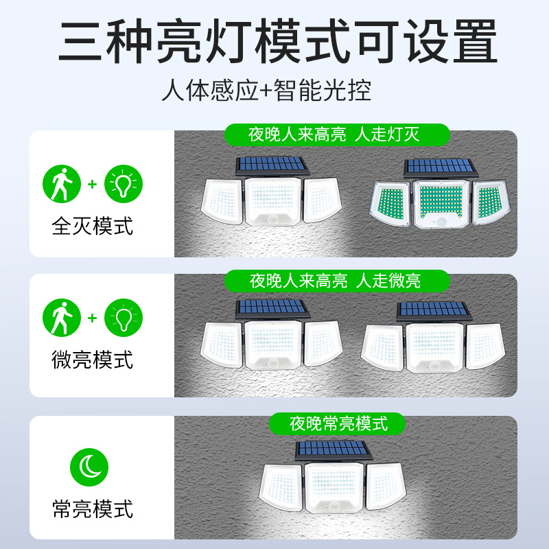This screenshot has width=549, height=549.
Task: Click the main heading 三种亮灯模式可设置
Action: tap(274, 43)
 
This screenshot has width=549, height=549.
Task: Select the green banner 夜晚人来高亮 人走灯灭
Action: tap(334, 134)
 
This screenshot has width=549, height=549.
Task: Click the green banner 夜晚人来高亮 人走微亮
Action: tap(335, 280)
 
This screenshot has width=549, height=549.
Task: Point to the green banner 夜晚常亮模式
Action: tap(338, 423)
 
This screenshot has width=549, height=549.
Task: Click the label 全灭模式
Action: tap(93, 226)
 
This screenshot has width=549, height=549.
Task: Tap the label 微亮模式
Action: tap(93, 360)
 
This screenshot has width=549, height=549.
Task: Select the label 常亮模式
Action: tap(93, 509)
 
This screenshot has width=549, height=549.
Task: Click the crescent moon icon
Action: tap(89, 467)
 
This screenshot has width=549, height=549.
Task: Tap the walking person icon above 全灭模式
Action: tap(62, 185)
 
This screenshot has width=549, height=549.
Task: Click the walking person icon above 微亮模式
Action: tap(62, 318)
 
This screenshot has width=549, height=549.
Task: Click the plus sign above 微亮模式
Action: tap(92, 318)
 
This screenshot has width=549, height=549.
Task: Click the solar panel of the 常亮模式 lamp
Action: tap(330, 451)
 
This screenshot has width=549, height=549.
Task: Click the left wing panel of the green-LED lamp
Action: tap(390, 204)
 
